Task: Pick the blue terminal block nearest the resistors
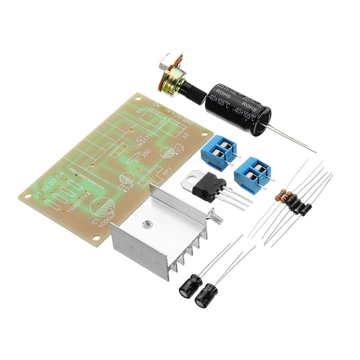point(253,174)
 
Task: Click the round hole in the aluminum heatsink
point(145,226)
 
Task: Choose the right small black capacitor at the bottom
point(208,295)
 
